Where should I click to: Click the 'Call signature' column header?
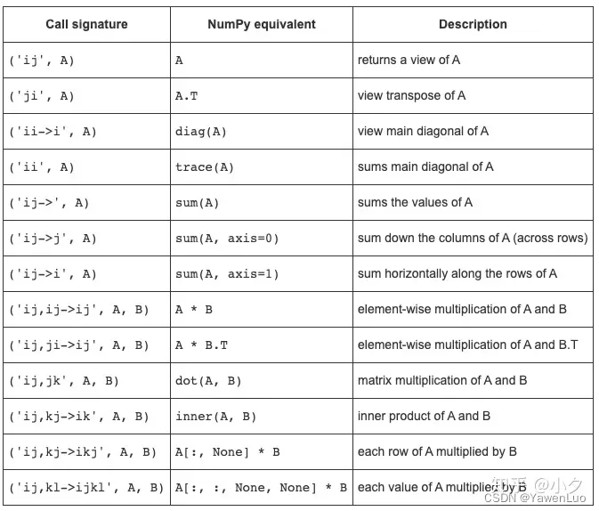point(86,24)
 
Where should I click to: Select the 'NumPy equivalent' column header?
point(262,24)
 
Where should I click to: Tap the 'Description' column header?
point(473,24)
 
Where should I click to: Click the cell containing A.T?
point(187,96)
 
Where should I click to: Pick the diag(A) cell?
point(201,132)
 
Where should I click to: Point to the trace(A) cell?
point(205,167)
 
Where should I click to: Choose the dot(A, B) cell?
point(208,381)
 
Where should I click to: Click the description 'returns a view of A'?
point(409,61)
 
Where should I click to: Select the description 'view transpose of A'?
point(411,96)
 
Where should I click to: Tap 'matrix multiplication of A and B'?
point(442,381)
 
